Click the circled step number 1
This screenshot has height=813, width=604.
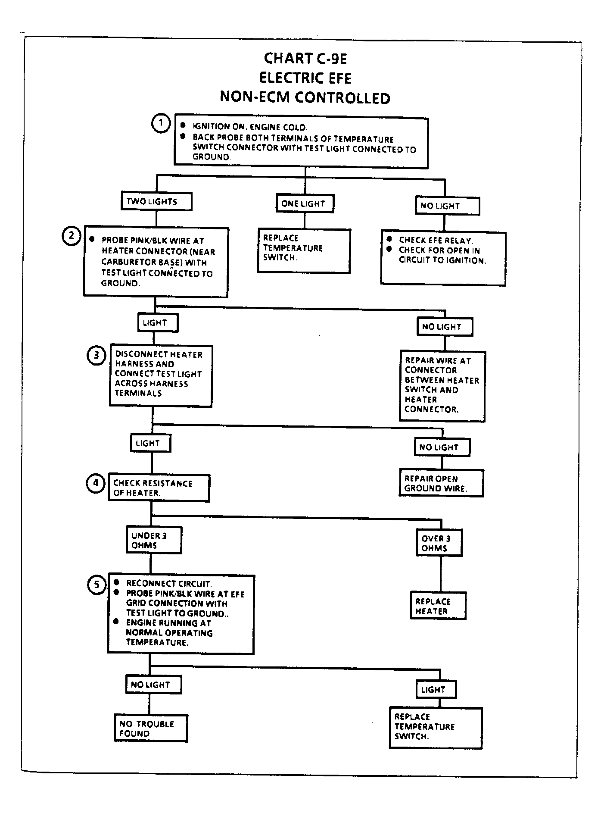click(161, 124)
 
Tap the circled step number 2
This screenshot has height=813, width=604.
click(72, 236)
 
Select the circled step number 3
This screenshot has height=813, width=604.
click(97, 356)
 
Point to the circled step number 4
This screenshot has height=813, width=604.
click(96, 484)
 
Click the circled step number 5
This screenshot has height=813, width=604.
click(97, 585)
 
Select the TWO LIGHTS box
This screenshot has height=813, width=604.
click(156, 201)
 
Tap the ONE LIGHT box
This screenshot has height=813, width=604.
click(305, 203)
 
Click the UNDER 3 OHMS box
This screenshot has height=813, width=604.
click(153, 540)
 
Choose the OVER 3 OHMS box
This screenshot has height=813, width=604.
click(439, 543)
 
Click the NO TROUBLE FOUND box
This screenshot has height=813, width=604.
click(151, 729)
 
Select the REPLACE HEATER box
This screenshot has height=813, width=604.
click(438, 606)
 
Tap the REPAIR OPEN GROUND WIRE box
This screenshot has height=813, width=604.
click(441, 483)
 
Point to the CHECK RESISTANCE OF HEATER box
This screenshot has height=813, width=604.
click(159, 488)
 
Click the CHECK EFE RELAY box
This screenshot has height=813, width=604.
click(443, 258)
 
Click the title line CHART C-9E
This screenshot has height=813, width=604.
click(305, 58)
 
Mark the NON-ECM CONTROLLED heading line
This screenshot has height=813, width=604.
click(305, 98)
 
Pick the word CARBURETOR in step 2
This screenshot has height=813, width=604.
click(125, 262)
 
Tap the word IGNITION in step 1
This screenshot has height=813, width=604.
click(212, 126)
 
